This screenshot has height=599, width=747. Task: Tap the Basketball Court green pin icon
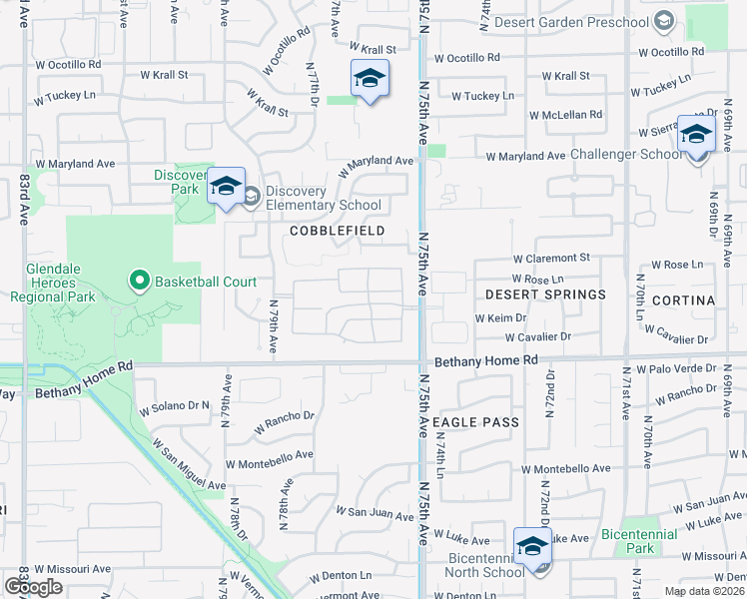pyautogui.click(x=139, y=282)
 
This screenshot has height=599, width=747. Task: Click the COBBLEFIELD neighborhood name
pyautogui.click(x=337, y=231)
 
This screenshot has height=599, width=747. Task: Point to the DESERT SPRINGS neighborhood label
pyautogui.click(x=545, y=295)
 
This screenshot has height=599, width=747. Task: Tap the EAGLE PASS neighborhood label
pyautogui.click(x=477, y=422)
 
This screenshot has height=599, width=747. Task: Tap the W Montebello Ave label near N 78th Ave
pyautogui.click(x=269, y=464)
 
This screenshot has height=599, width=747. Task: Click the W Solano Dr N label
pyautogui.click(x=175, y=407)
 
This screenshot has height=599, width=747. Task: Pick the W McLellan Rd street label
pyautogui.click(x=566, y=115)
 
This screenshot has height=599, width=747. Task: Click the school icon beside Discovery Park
pyautogui.click(x=227, y=187)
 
